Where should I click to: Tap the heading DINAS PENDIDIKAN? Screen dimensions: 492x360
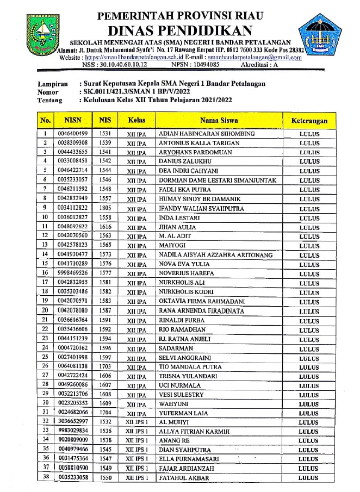[179, 29]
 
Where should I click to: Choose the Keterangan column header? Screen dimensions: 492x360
[309, 120]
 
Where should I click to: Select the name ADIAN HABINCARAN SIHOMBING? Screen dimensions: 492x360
[206, 134]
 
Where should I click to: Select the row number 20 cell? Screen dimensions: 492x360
[45, 310]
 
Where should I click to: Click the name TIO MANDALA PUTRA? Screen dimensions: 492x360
[187, 367]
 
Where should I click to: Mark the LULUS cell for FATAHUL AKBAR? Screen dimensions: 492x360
[309, 478]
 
